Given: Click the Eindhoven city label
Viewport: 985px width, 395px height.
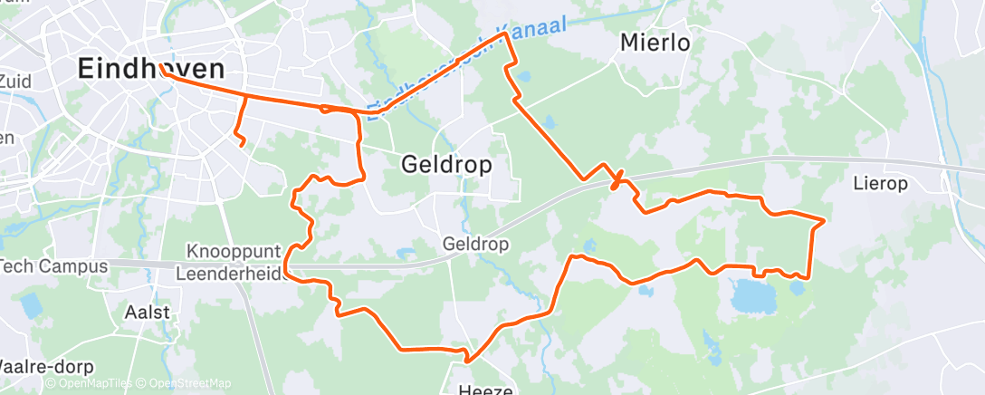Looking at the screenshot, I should pyautogui.click(x=149, y=68).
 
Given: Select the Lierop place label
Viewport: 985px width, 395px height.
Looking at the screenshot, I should pyautogui.click(x=880, y=184).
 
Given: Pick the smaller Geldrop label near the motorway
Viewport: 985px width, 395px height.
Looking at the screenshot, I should pyautogui.click(x=477, y=245).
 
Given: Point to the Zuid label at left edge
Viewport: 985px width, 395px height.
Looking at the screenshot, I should pyautogui.click(x=15, y=82).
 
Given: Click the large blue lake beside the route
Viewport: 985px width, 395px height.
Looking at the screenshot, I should pyautogui.click(x=753, y=294).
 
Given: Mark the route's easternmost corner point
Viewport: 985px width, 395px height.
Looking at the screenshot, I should pyautogui.click(x=824, y=220).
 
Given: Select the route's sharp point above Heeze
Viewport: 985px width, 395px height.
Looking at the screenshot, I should pyautogui.click(x=467, y=360).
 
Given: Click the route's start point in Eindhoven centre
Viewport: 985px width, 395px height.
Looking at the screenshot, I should pyautogui.click(x=160, y=66).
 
